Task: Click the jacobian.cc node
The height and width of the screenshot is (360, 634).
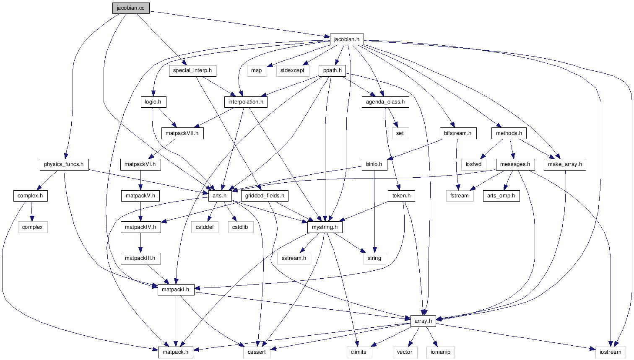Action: pos(131,8)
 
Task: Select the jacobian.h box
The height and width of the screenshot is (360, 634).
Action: pos(346,39)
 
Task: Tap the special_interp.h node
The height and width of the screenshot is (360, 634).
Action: pos(192,70)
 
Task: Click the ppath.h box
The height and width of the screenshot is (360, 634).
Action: pos(332,70)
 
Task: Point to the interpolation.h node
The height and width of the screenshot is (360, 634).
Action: pos(246,102)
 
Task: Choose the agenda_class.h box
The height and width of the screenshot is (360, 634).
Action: pos(385,102)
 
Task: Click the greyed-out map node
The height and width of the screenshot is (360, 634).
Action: pos(257,70)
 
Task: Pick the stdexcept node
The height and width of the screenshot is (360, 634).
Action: pos(292,70)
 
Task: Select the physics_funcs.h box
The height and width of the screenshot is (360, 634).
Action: pos(64,164)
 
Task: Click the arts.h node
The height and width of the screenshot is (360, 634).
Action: pos(219,196)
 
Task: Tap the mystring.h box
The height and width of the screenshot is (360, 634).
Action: pos(325,227)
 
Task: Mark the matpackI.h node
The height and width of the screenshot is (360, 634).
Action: pos(176,290)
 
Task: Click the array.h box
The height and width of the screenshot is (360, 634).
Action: pos(423,321)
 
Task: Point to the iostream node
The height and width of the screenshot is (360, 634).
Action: pos(610,352)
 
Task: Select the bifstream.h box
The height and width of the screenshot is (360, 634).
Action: pos(457,133)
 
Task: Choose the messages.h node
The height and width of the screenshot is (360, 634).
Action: pos(515,164)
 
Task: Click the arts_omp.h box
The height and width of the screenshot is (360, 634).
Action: pos(501,196)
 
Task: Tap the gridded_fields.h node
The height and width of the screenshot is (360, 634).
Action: pos(265,196)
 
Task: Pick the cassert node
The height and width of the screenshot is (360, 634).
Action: pos(257,352)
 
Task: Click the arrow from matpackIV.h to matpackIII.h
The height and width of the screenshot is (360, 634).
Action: pos(140,243)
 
